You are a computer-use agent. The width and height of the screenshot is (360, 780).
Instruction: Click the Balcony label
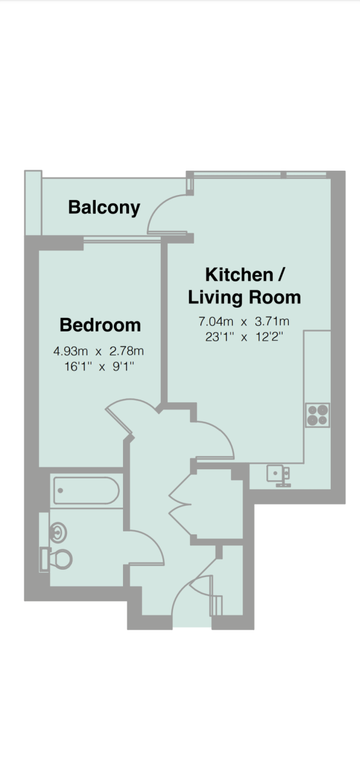coord(104,208)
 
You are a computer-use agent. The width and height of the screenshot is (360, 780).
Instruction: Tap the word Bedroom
coord(101,325)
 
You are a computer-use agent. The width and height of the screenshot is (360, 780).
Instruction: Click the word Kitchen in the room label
coord(239,275)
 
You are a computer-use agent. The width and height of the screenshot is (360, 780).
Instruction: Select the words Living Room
coord(244,297)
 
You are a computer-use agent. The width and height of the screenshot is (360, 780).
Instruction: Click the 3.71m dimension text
coord(272,321)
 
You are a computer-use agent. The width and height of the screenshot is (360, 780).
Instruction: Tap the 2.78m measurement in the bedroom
coord(126,350)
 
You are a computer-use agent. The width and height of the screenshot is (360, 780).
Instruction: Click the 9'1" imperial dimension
coord(123,366)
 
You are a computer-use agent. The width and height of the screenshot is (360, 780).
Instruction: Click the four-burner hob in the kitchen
coord(317,415)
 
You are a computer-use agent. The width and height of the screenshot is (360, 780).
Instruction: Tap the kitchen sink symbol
coord(278,476)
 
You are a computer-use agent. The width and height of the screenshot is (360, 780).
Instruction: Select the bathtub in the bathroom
coord(86,491)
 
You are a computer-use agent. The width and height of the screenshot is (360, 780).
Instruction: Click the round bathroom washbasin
coord(58,533)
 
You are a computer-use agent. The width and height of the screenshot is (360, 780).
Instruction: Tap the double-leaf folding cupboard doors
coord(180,503)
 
